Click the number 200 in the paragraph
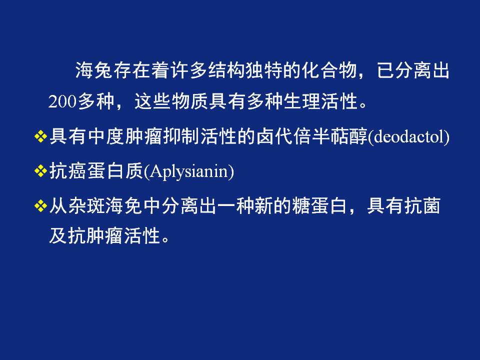pos(62,101)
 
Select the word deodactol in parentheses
pos(408,136)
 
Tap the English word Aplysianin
pos(189,171)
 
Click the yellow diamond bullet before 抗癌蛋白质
pos(40,171)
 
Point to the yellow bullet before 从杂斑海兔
pos(40,205)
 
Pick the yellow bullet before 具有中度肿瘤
pos(40,136)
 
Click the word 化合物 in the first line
pos(329,70)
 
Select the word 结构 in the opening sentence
pos(226,70)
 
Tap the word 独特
pos(264,70)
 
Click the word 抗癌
pos(67,171)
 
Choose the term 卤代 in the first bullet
pos(275,136)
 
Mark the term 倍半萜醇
pos(330,136)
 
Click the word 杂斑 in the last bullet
pos(86,205)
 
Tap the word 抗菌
pos(422,205)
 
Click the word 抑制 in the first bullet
pos(181,136)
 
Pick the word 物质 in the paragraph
pos(190,101)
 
